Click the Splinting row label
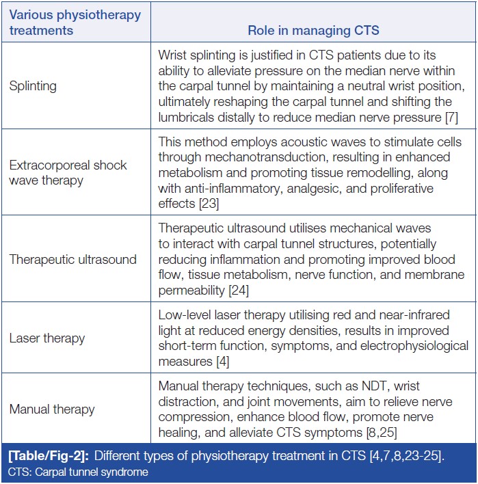tap(33, 86)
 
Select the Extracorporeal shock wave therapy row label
tap(68, 173)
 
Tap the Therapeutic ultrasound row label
tap(72, 259)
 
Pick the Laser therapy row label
tap(47, 338)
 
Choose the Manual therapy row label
tap(52, 409)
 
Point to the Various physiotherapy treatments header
tap(75, 22)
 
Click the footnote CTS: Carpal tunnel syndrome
tap(79, 472)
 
